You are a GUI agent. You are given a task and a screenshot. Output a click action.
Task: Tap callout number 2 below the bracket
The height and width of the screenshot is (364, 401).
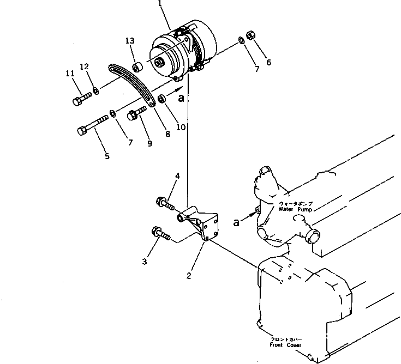point(189,276)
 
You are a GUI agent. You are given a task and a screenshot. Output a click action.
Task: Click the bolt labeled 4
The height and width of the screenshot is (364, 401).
point(165,203)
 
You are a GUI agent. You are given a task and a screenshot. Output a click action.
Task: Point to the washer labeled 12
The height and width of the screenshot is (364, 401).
point(95,90)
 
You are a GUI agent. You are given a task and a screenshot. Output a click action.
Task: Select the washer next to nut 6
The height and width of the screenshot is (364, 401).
point(241,40)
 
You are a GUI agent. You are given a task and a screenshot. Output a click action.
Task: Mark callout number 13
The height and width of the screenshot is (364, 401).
point(129,41)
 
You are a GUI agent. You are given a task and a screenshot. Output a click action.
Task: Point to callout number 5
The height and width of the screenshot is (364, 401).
point(106,156)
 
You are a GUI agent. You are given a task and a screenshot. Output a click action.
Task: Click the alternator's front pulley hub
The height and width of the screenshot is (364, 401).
point(159,62)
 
